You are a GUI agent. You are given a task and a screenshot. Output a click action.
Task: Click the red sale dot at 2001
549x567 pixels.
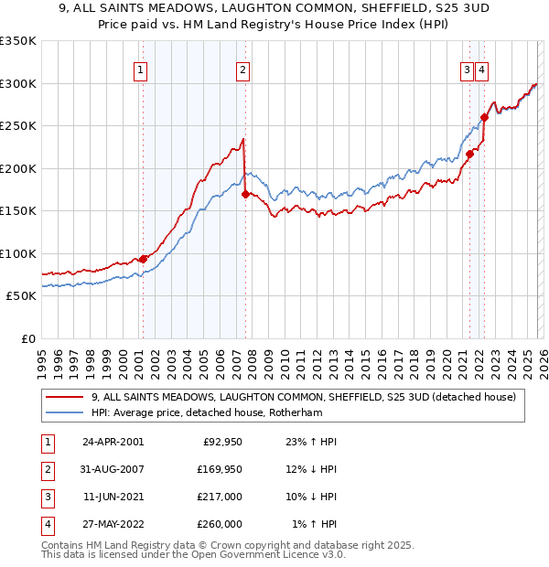[144, 259]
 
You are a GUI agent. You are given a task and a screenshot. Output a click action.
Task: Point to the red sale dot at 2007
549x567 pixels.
[245, 194]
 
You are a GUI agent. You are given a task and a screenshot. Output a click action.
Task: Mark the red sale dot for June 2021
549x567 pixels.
[469, 154]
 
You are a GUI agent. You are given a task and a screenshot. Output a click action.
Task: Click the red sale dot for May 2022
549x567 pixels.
[484, 117]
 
